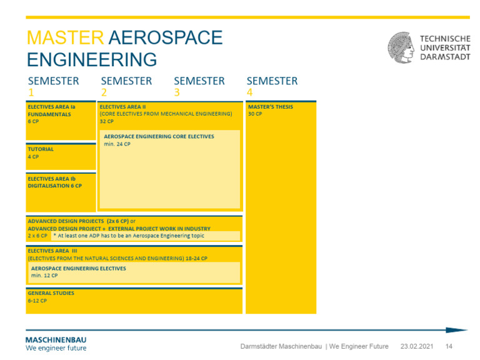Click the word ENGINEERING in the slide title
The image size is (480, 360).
coord(92,60)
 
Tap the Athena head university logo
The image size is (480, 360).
coord(401,48)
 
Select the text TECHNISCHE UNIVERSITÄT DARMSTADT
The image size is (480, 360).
coord(445,47)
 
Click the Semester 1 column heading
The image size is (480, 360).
coord(53,86)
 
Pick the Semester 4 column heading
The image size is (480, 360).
coord(272,86)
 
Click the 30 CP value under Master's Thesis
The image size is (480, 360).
coord(255,114)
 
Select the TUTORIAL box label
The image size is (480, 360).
coord(41,149)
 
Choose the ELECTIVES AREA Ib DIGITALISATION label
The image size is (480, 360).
coord(54,182)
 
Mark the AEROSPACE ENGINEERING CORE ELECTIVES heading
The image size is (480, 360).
coord(159,136)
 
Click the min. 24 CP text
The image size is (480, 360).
coord(117,144)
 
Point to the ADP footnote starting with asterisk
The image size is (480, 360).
coord(129,236)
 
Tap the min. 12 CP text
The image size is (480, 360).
coord(44,275)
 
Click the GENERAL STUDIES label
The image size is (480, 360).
coord(51,293)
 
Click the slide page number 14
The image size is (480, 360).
coord(449,346)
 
